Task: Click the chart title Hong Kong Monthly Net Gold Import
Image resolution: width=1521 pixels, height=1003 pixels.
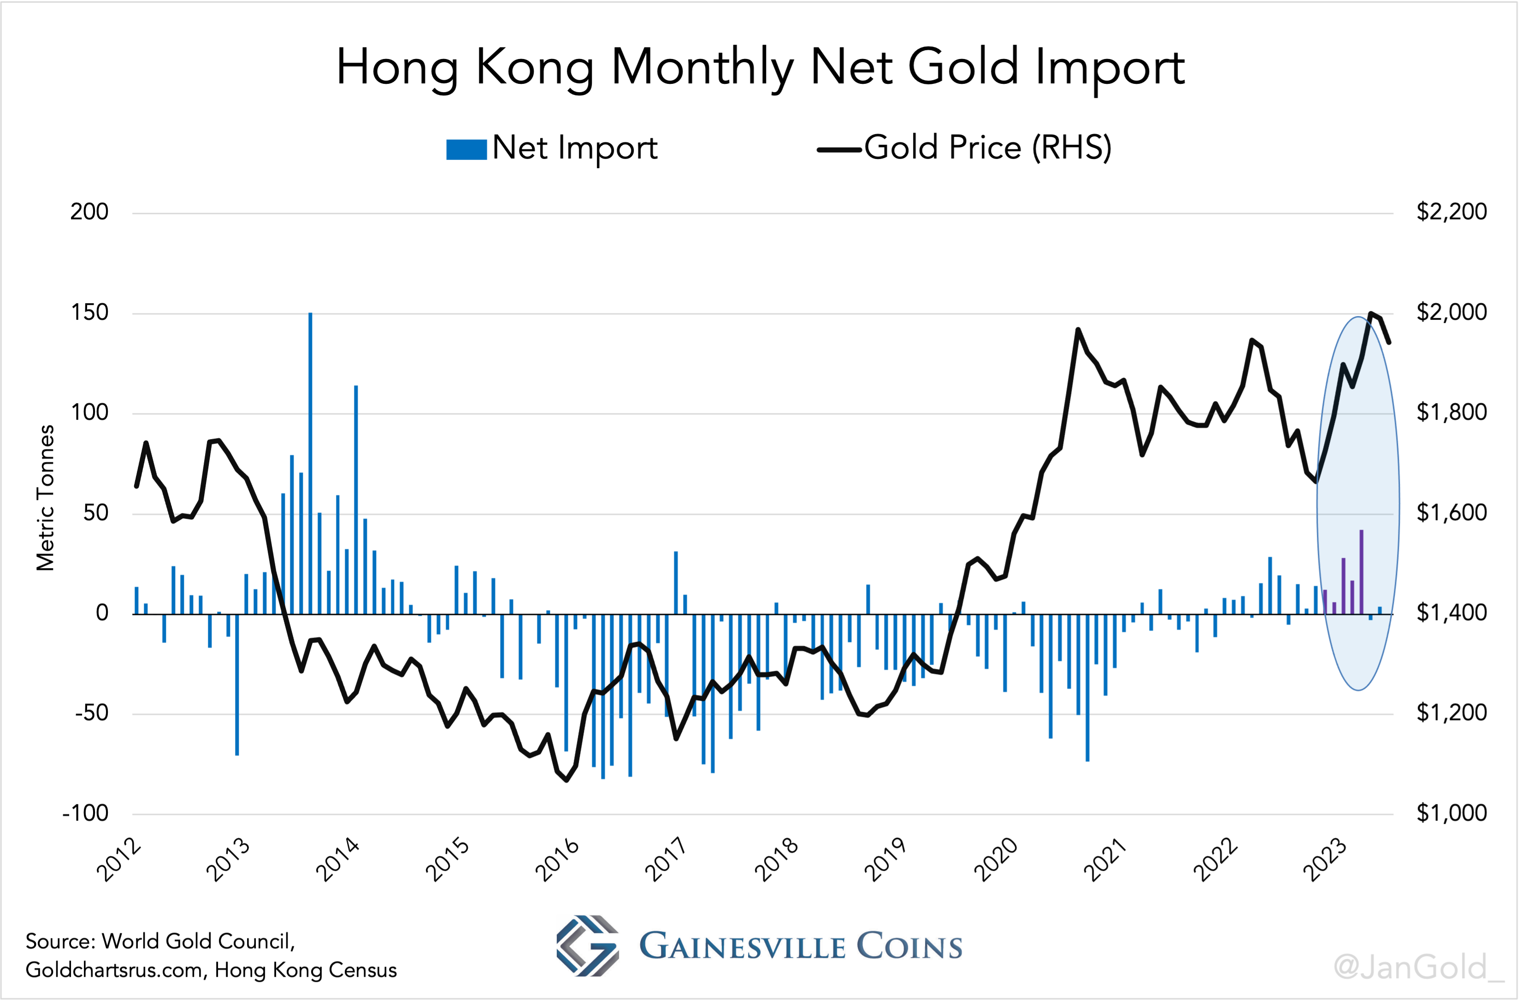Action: click(760, 68)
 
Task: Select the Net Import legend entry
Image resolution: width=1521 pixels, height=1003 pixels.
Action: click(552, 148)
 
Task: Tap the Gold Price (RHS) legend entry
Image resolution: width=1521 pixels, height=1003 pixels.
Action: click(964, 148)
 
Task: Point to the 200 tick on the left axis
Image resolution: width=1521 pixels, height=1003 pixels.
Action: click(89, 212)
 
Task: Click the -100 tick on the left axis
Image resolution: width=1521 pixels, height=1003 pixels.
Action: click(86, 814)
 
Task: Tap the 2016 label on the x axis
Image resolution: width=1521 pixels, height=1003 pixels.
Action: click(557, 860)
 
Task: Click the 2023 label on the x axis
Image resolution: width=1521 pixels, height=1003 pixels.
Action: click(1325, 860)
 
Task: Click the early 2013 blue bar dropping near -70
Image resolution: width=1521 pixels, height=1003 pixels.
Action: click(237, 685)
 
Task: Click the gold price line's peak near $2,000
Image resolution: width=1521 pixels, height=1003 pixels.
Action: click(1371, 313)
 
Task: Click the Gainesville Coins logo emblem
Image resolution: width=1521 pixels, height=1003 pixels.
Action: click(587, 945)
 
